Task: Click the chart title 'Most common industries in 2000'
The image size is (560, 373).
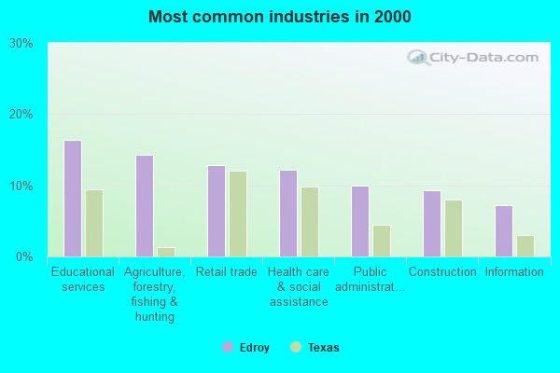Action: coord(279,17)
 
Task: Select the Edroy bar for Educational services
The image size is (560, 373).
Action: coord(73,199)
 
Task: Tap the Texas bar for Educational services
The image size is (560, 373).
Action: coord(94,223)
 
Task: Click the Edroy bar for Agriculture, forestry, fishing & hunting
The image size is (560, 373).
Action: coord(145,206)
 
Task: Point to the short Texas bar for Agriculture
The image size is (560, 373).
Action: coord(166,252)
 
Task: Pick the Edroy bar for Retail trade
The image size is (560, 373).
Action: coord(217,211)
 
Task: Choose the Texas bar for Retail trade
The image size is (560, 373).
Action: coord(238,214)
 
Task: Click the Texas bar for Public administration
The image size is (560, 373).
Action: coord(382,241)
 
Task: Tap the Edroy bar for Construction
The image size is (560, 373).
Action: coord(432,224)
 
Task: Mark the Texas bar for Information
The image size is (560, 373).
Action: coord(525,246)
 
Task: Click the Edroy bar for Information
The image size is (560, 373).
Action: coord(504,231)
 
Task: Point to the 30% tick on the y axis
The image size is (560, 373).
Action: coord(21,43)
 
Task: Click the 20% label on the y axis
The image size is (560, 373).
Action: coord(21,115)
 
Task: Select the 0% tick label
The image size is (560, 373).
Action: coord(24,256)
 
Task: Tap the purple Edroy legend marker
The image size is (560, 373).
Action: coord(227,348)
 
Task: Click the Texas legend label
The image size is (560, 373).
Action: coord(324,348)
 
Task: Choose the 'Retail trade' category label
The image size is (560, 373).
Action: coord(226,272)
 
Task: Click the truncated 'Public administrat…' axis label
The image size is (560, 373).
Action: coord(370,280)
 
